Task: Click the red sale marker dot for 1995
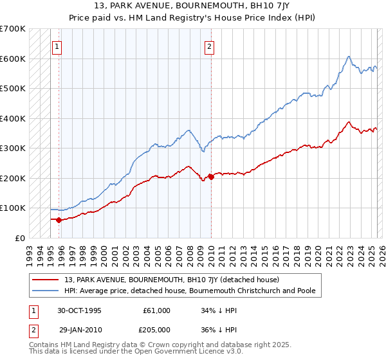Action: pos(59,220)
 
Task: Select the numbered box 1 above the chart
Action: pos(58,46)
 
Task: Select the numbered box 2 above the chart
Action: pos(210,46)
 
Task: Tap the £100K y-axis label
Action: pos(13,208)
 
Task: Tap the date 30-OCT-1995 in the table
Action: pos(79,310)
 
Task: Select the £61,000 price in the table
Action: pos(156,310)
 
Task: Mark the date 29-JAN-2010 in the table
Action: pos(79,328)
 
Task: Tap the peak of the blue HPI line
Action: pos(348,57)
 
